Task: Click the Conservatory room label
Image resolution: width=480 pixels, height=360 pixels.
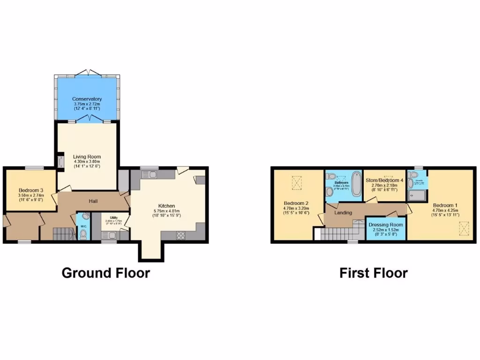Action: click(x=87, y=99)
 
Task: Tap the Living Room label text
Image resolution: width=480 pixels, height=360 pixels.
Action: click(x=87, y=157)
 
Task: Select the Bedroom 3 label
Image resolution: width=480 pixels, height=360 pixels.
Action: click(x=30, y=190)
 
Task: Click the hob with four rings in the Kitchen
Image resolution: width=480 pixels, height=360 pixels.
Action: click(x=180, y=236)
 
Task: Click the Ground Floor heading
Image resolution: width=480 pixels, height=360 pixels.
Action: click(x=105, y=273)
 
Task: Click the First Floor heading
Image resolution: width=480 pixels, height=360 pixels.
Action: click(x=374, y=273)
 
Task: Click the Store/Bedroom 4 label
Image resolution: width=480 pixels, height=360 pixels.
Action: click(x=384, y=180)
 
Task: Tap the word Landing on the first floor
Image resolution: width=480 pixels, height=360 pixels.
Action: click(x=343, y=213)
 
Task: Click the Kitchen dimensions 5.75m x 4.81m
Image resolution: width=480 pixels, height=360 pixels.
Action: click(x=166, y=211)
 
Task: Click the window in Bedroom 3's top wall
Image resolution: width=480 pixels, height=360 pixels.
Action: click(x=34, y=168)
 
